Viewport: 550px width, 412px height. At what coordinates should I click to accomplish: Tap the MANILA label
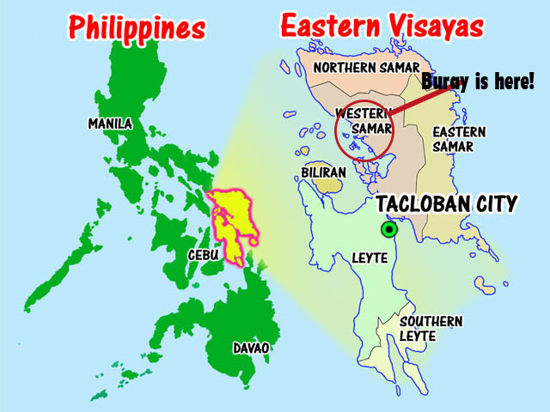pyautogui.click(x=110, y=124)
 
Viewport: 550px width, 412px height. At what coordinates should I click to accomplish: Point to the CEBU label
pyautogui.click(x=206, y=255)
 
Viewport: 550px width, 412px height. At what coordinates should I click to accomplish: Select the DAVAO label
pyautogui.click(x=251, y=348)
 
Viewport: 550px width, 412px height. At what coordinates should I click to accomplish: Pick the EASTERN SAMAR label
pyautogui.click(x=459, y=139)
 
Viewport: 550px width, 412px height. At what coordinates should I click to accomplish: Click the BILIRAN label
pyautogui.click(x=324, y=172)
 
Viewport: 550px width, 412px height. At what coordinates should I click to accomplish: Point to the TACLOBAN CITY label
pyautogui.click(x=446, y=204)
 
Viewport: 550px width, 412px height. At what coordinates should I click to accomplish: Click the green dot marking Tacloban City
pyautogui.click(x=389, y=229)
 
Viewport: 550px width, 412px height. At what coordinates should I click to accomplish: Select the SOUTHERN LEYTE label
pyautogui.click(x=431, y=329)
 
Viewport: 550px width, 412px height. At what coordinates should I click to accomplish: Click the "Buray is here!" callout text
pyautogui.click(x=478, y=82)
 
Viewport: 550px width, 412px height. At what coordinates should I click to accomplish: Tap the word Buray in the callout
pyautogui.click(x=444, y=82)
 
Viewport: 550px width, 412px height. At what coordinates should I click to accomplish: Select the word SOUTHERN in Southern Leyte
pyautogui.click(x=431, y=322)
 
